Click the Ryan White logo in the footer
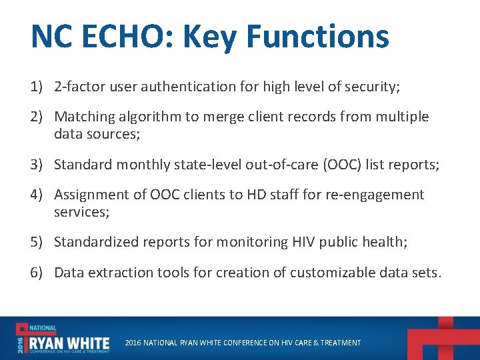click(63, 338)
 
